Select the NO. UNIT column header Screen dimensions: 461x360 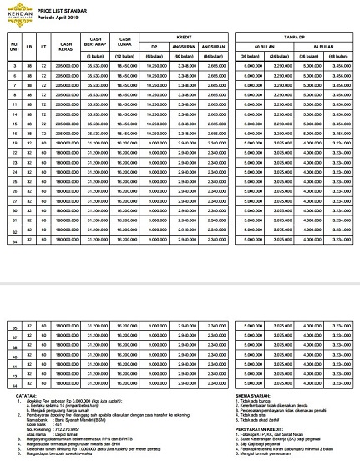point(13,43)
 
